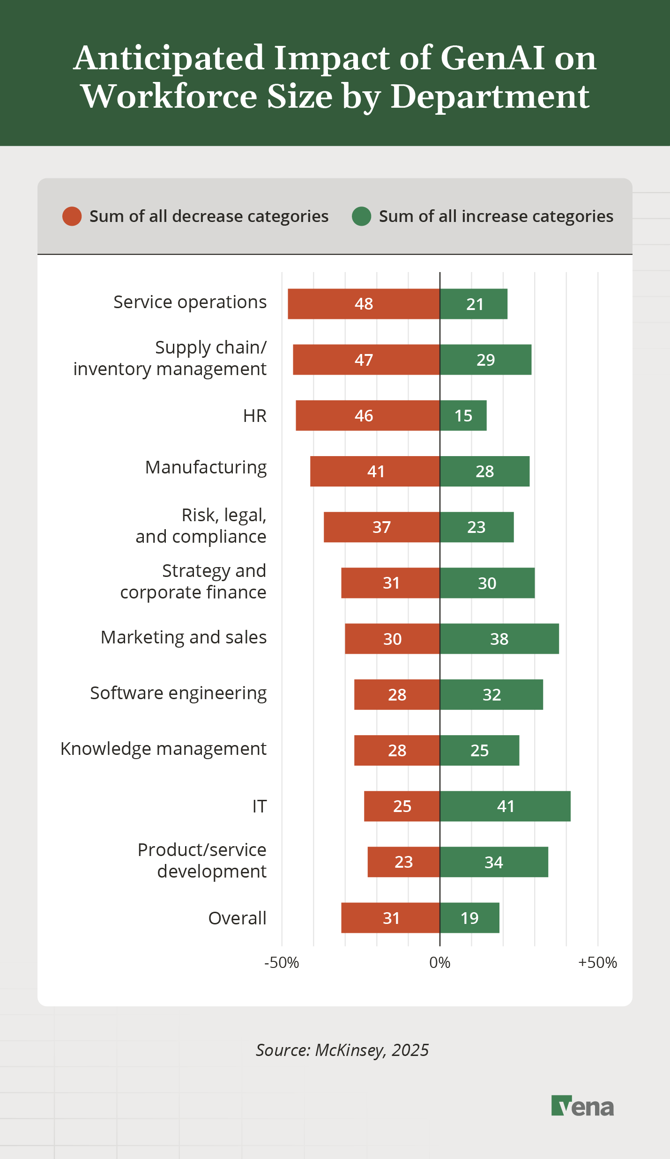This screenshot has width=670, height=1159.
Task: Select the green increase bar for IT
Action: click(505, 806)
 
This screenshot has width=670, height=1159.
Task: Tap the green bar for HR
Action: click(463, 415)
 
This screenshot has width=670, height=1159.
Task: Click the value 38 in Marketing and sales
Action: click(499, 639)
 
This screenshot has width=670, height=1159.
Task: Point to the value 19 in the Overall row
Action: click(469, 918)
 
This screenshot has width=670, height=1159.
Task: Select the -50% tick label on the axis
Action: click(282, 962)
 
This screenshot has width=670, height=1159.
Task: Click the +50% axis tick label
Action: click(597, 962)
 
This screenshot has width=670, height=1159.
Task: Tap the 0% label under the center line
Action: click(439, 962)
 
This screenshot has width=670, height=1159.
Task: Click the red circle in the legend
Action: click(72, 216)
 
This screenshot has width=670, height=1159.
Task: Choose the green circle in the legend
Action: click(361, 216)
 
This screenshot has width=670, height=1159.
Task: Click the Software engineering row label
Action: click(178, 693)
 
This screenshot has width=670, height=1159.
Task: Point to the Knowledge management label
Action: click(163, 749)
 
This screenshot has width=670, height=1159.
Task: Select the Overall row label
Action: click(237, 918)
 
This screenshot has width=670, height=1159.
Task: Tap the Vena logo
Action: click(582, 1106)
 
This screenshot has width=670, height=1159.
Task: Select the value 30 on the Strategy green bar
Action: click(487, 583)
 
